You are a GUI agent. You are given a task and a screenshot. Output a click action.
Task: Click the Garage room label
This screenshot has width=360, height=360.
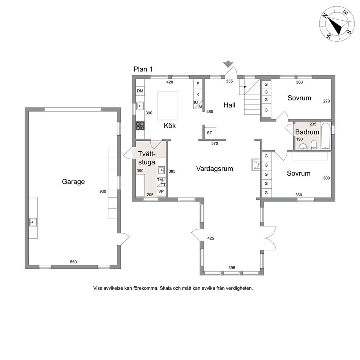pos(73,182)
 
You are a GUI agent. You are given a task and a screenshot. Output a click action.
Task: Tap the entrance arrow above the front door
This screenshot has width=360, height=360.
pos(228,64)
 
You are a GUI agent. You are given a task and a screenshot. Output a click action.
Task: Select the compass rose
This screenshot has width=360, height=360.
pos(337,24)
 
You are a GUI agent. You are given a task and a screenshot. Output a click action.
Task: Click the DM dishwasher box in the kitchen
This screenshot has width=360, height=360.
pos(140,91)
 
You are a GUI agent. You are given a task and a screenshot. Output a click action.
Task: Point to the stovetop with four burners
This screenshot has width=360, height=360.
pos(140,126)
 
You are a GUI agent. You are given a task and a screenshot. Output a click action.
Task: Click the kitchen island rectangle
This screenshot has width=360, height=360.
pos(168,106)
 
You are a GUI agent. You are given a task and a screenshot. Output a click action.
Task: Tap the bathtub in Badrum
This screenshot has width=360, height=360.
pos(326,136)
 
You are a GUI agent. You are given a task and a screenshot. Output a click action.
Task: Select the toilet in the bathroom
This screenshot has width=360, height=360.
pos(314,145)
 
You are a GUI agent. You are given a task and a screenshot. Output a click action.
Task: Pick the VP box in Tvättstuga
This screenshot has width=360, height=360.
pos(161,192)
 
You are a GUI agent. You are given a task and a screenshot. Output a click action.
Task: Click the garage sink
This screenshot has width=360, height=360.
pos(33,222)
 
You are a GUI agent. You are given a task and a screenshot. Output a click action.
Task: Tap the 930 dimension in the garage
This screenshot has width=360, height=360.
pos(103,191)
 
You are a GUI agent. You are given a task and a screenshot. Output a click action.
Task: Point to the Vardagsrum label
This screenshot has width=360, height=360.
pos(214,169)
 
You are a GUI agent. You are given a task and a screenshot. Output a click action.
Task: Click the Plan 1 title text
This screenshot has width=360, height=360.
pos(143,69)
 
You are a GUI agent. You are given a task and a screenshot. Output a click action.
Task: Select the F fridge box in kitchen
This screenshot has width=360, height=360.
pos(198,84)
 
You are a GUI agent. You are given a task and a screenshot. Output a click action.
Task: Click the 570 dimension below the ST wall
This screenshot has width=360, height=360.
pos(215,143)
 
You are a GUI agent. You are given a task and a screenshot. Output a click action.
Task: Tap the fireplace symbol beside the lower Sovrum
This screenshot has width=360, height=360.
pos(257,165)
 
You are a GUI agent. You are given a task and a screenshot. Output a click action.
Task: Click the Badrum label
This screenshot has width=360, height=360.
pos(307,132)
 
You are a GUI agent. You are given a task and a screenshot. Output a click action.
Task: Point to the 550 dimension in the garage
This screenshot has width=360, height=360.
pos(73,262)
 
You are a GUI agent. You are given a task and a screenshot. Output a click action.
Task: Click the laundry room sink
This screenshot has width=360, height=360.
pos(161,170)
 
